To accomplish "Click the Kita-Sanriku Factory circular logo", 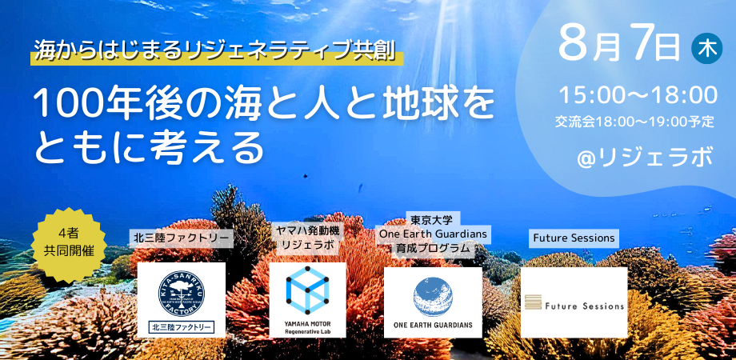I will (x=181, y=291).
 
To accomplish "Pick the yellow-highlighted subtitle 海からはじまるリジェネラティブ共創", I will (x=216, y=54).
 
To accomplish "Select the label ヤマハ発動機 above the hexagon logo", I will (x=307, y=230).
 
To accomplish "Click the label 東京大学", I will (x=433, y=218).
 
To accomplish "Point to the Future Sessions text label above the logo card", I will (x=574, y=238).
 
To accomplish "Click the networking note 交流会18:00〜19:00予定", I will (x=634, y=122).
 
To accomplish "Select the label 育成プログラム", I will (x=433, y=249).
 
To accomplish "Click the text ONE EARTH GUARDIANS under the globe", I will (x=433, y=326).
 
